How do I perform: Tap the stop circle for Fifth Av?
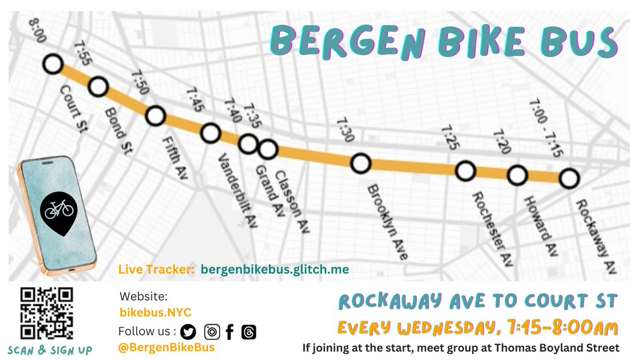[155, 115]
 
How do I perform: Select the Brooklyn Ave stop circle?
[361, 163]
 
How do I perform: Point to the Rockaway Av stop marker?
[569, 179]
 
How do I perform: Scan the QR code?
[46, 314]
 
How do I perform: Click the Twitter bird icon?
[188, 332]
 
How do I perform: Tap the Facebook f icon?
[230, 332]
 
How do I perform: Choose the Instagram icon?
[212, 332]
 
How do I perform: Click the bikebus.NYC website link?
[155, 312]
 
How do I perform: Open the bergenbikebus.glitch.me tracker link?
[275, 270]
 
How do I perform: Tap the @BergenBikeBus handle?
[166, 348]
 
